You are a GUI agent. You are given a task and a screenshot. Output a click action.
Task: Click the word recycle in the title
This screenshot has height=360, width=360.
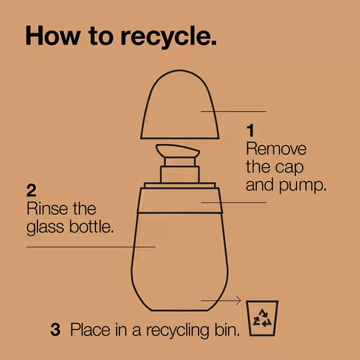pyautogui.click(x=169, y=37)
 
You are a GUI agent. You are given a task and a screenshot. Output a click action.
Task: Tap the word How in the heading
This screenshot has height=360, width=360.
pyautogui.click(x=53, y=35)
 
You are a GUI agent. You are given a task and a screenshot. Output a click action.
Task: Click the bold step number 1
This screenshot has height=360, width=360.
pyautogui.click(x=250, y=130)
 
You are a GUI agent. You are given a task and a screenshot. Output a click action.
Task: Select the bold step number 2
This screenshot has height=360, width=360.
pyautogui.click(x=31, y=190)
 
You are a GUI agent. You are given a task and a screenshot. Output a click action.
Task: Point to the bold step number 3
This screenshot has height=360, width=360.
pyautogui.click(x=55, y=329)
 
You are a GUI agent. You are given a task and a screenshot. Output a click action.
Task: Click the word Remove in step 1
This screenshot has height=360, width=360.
pyautogui.click(x=276, y=149)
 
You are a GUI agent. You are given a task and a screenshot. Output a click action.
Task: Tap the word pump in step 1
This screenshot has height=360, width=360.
pyautogui.click(x=303, y=186)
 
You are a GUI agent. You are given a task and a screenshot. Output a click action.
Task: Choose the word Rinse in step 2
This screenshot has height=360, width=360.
pyautogui.click(x=47, y=209)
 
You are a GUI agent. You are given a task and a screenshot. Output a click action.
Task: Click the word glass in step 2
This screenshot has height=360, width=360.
pyautogui.click(x=45, y=227)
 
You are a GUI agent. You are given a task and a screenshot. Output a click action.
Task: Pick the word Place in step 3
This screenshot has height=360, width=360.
pyautogui.click(x=91, y=330)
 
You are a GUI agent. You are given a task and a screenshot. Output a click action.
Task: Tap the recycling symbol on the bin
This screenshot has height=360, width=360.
pyautogui.click(x=262, y=318)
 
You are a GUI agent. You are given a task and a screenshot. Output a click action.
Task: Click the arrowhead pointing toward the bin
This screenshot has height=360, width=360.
pyautogui.click(x=238, y=300)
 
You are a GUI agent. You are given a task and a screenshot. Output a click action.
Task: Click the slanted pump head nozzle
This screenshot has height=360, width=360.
pyautogui.click(x=177, y=151)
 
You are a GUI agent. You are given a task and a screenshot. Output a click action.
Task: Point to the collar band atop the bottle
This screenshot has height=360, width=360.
pyautogui.click(x=180, y=201)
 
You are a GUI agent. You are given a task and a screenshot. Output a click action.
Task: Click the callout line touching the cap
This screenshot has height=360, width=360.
pyautogui.click(x=233, y=111)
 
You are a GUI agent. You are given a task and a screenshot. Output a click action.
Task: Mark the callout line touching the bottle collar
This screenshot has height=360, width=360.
pyautogui.click(x=233, y=203)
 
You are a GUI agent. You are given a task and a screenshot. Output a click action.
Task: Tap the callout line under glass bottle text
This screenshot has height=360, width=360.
pyautogui.click(x=91, y=247)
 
